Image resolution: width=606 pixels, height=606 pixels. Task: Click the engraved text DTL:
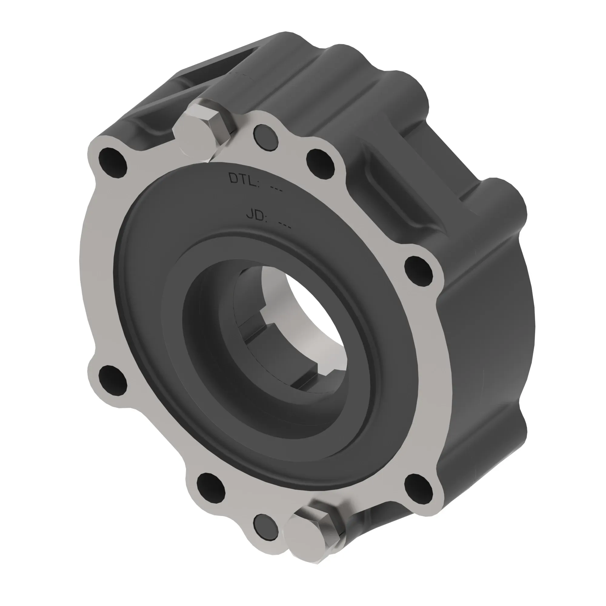[x=244, y=179]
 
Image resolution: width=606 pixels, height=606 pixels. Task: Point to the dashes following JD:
[x=285, y=225]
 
